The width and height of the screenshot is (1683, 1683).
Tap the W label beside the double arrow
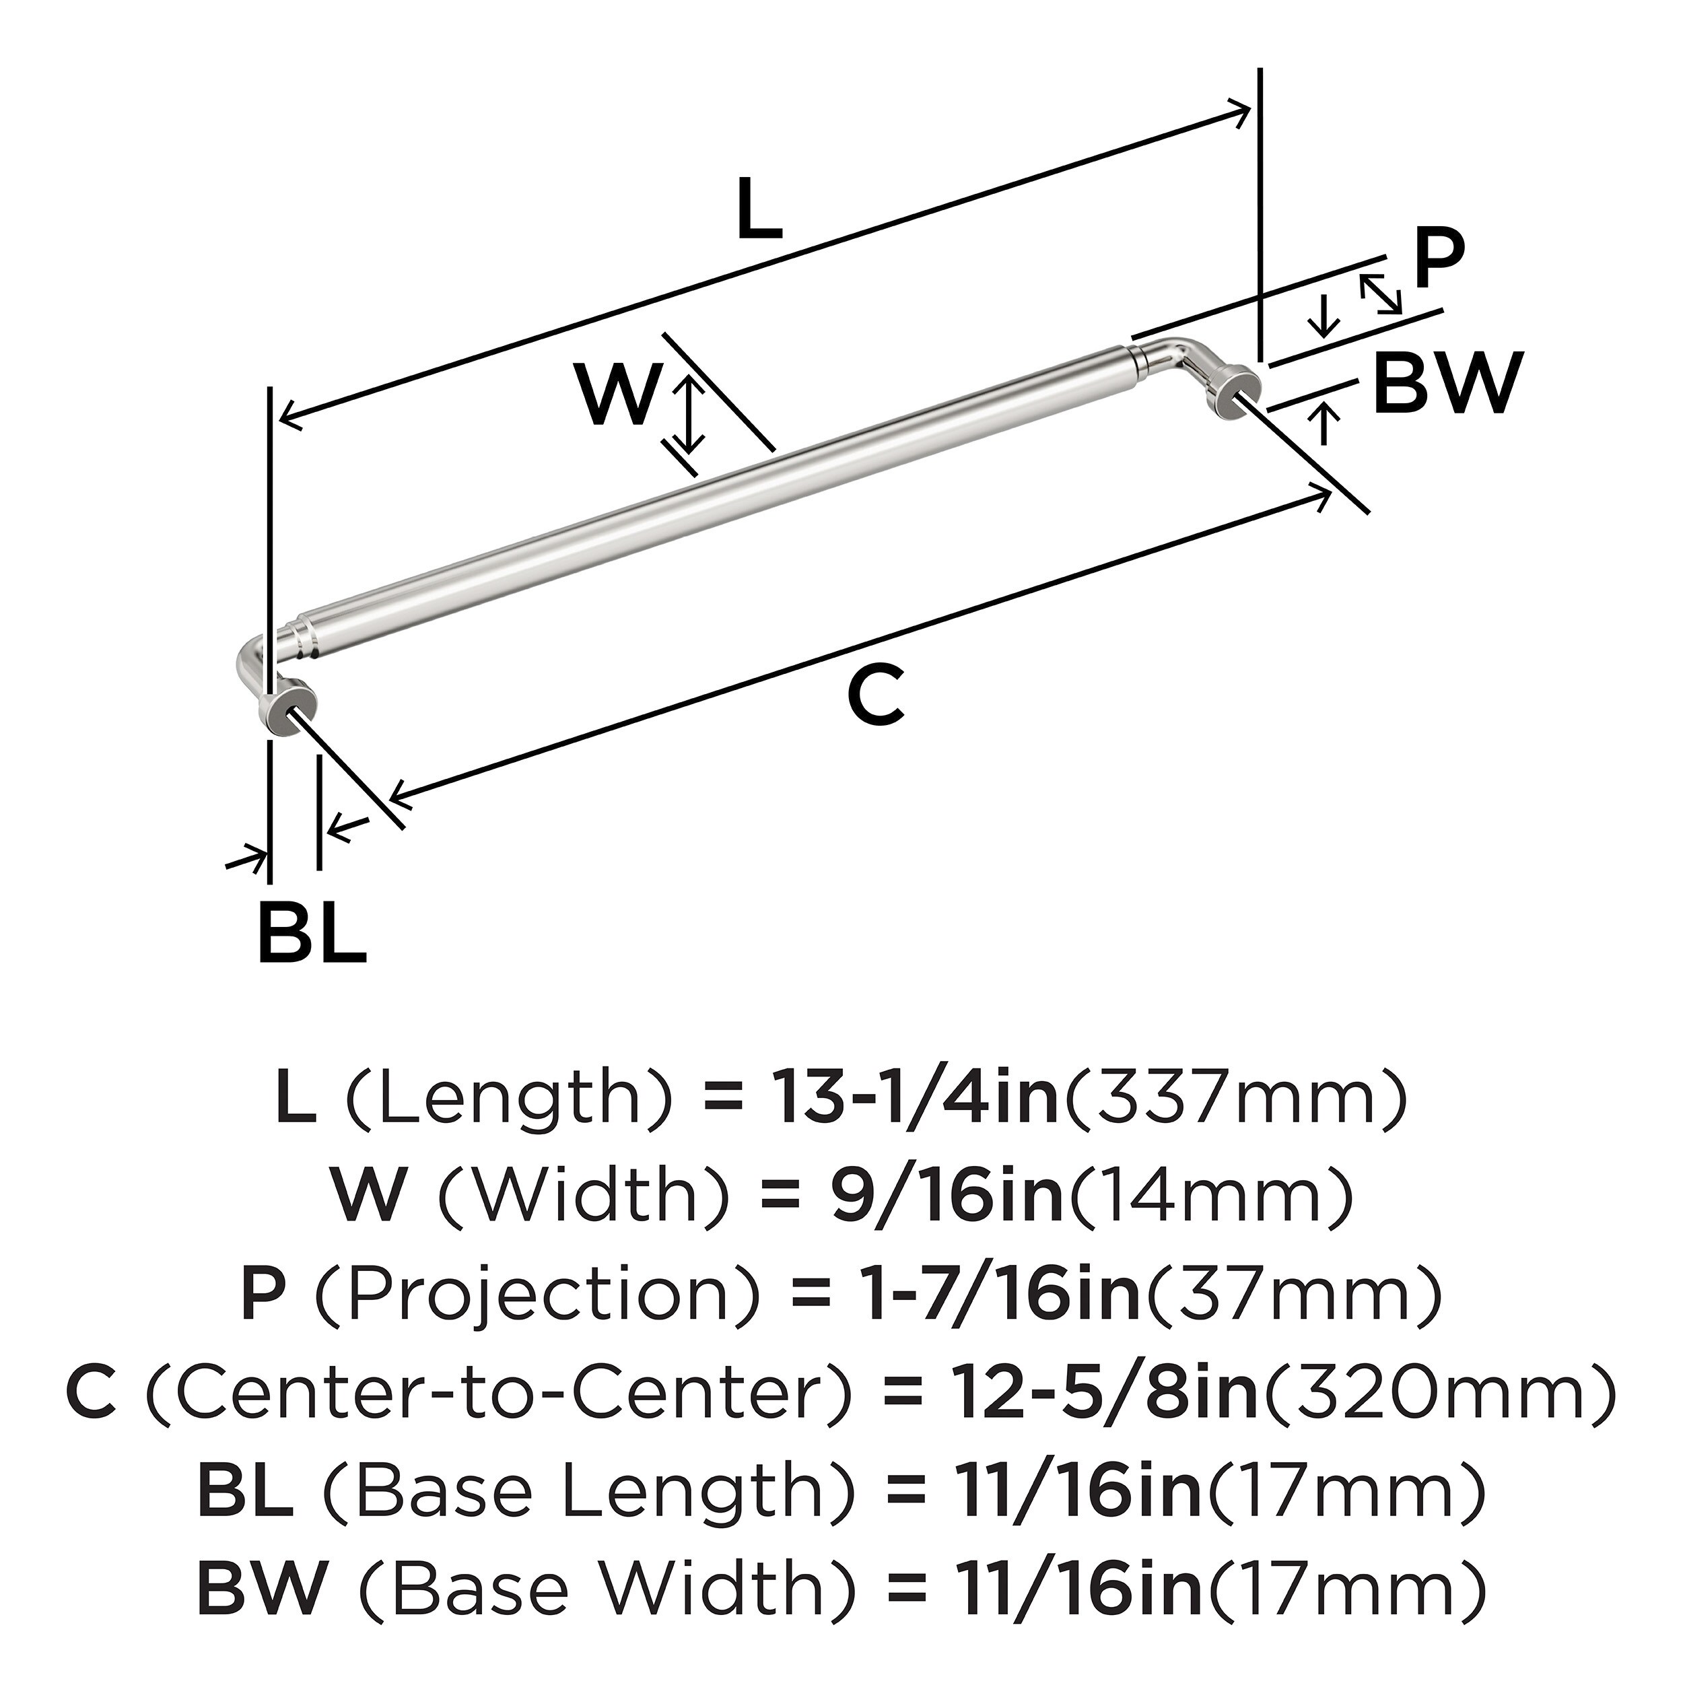click(x=617, y=397)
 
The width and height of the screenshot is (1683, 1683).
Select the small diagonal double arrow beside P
click(x=1381, y=294)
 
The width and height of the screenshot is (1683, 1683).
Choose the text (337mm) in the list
click(x=1235, y=1100)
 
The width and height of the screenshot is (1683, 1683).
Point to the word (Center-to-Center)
click(x=497, y=1392)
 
